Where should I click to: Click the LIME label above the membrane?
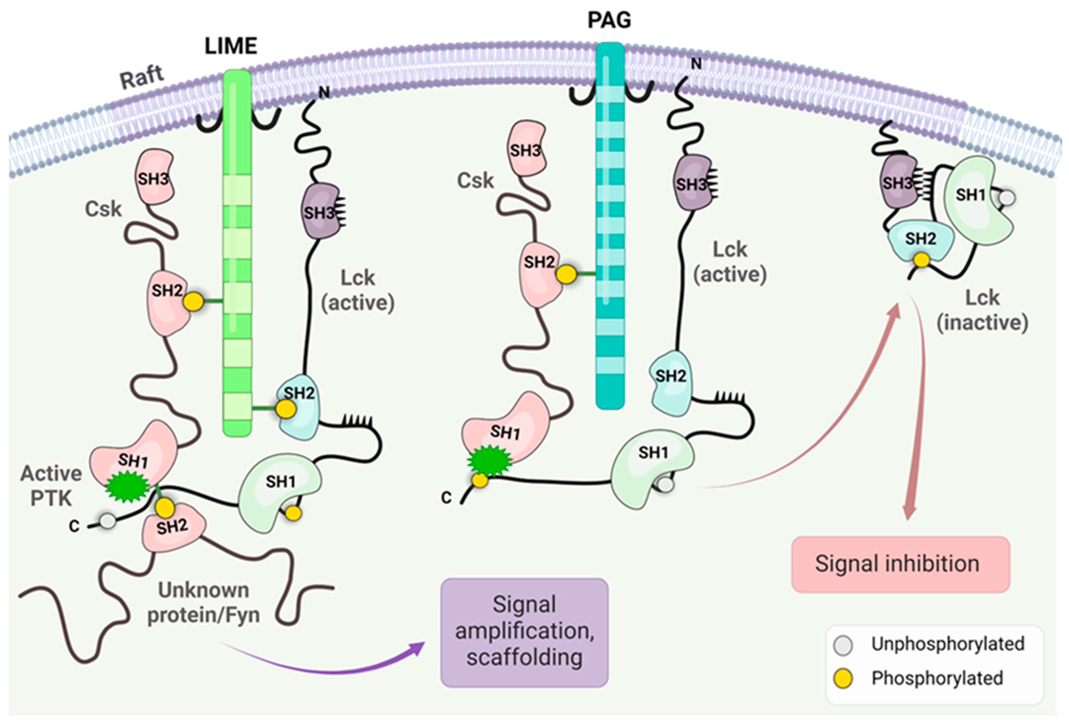[231, 46]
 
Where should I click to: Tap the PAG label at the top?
[609, 20]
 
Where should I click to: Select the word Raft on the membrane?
[142, 77]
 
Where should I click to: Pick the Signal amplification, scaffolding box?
[524, 633]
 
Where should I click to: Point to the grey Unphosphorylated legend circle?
[843, 645]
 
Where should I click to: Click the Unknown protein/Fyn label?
[203, 602]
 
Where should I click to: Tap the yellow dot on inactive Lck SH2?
[921, 260]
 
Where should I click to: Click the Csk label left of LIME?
[103, 209]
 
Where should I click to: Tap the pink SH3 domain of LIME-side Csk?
[154, 177]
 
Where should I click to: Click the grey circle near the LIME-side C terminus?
[108, 521]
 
